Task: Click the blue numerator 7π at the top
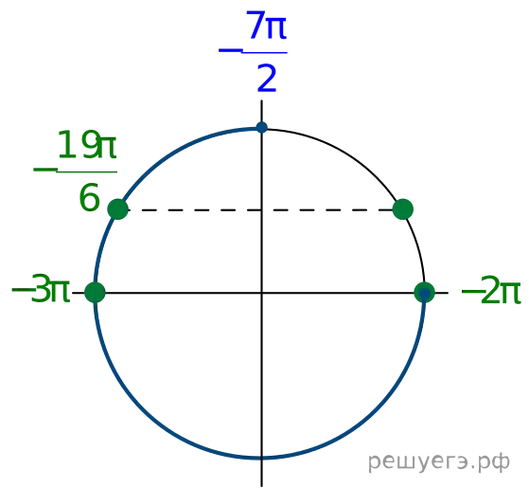pos(267,26)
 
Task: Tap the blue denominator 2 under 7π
pos(267,79)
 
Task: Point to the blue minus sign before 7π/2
pos(230,51)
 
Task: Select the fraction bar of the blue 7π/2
pos(265,53)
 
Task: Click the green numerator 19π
pos(87,145)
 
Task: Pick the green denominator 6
pos(89,197)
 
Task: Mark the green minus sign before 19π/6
pos(45,170)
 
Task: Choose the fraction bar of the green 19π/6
pos(87,172)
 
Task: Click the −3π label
pos(41,289)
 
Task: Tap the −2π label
pos(491,290)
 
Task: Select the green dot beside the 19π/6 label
pos(117,209)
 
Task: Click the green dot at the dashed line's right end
pos(403,209)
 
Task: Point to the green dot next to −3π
pos(96,293)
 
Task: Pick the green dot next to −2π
pos(424,293)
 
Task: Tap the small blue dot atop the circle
pos(262,128)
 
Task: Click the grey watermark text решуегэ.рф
pos(439,462)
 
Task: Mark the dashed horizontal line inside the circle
pos(260,210)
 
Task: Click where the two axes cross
pos(262,293)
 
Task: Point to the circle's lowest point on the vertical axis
pos(262,458)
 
